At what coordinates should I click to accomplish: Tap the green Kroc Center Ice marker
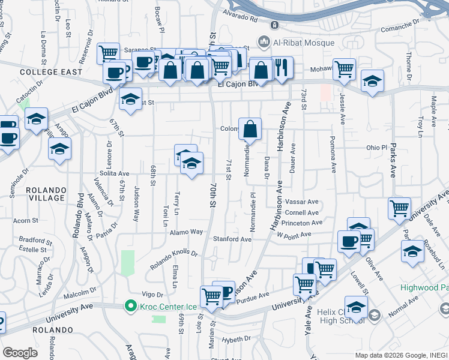[130, 307]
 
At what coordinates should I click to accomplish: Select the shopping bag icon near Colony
[250, 128]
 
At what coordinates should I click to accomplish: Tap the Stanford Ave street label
[233, 239]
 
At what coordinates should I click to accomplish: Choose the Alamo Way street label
[187, 232]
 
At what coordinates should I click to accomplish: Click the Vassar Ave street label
[303, 202]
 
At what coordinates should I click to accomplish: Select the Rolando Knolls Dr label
[174, 254]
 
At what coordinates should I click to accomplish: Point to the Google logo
[20, 352]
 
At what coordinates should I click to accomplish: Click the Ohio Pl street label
[377, 147]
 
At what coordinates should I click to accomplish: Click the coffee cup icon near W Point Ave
[348, 242]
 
